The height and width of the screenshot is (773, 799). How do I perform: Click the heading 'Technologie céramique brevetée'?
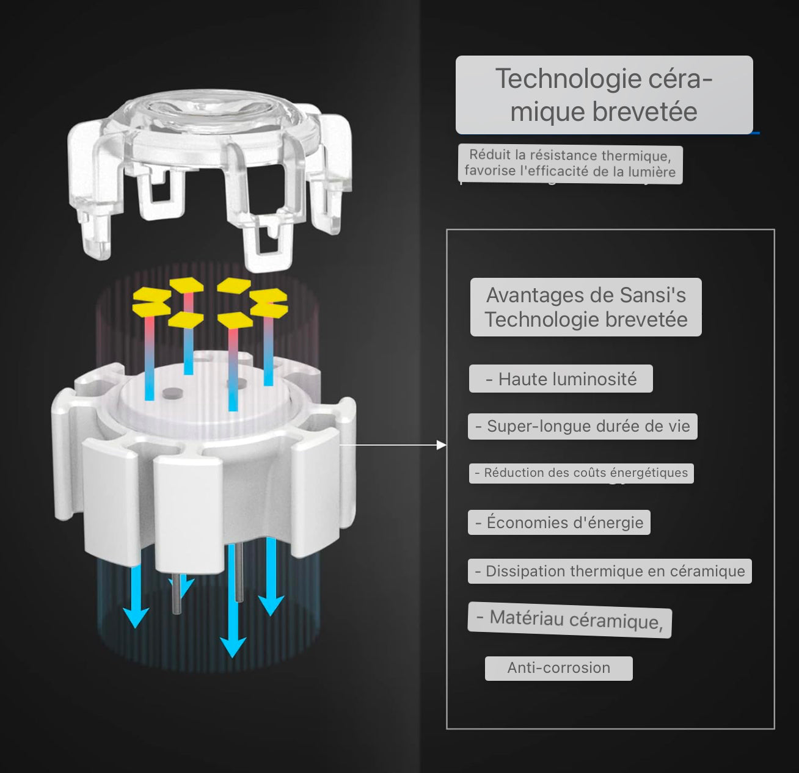click(604, 95)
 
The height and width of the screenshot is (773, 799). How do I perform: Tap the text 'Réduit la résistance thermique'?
click(569, 155)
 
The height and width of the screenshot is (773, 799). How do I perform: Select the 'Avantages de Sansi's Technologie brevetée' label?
click(586, 307)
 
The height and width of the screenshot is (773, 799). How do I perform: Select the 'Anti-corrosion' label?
click(559, 668)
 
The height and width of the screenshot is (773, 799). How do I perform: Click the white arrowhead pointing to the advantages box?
click(442, 445)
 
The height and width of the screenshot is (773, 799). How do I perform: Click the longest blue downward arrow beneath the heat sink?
click(233, 600)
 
